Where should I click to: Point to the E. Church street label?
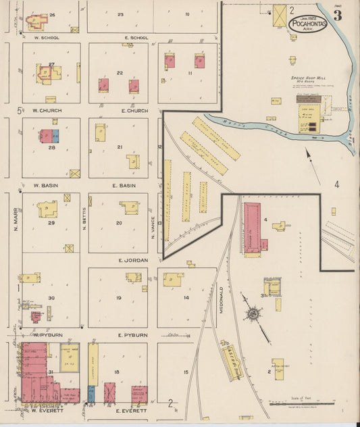[134, 111]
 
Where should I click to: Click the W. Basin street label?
[45, 184]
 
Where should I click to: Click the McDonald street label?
[221, 300]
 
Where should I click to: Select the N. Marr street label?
[15, 218]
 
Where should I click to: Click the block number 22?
[120, 73]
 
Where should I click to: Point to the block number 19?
[118, 297]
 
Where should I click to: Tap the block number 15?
[185, 372]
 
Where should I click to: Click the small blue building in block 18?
[91, 393]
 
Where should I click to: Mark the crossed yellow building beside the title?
[279, 16]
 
